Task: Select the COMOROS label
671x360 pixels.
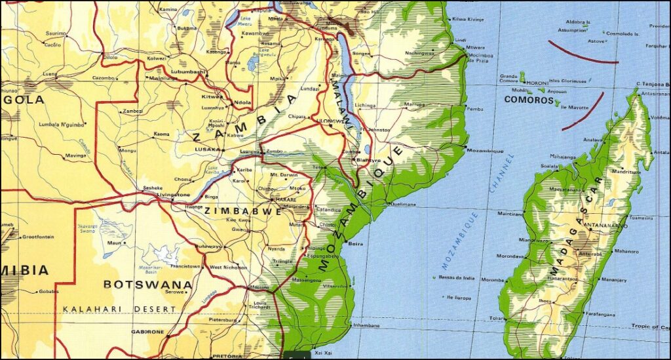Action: [x=529, y=100]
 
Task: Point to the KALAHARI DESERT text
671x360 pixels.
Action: [x=119, y=308]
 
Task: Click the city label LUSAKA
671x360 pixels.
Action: [x=208, y=150]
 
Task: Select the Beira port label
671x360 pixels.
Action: [x=356, y=243]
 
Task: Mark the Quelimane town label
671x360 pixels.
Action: [x=403, y=204]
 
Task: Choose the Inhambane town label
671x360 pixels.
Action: [x=366, y=325]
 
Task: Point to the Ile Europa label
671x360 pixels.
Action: [x=460, y=298]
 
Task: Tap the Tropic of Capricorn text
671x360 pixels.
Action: [x=649, y=327]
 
